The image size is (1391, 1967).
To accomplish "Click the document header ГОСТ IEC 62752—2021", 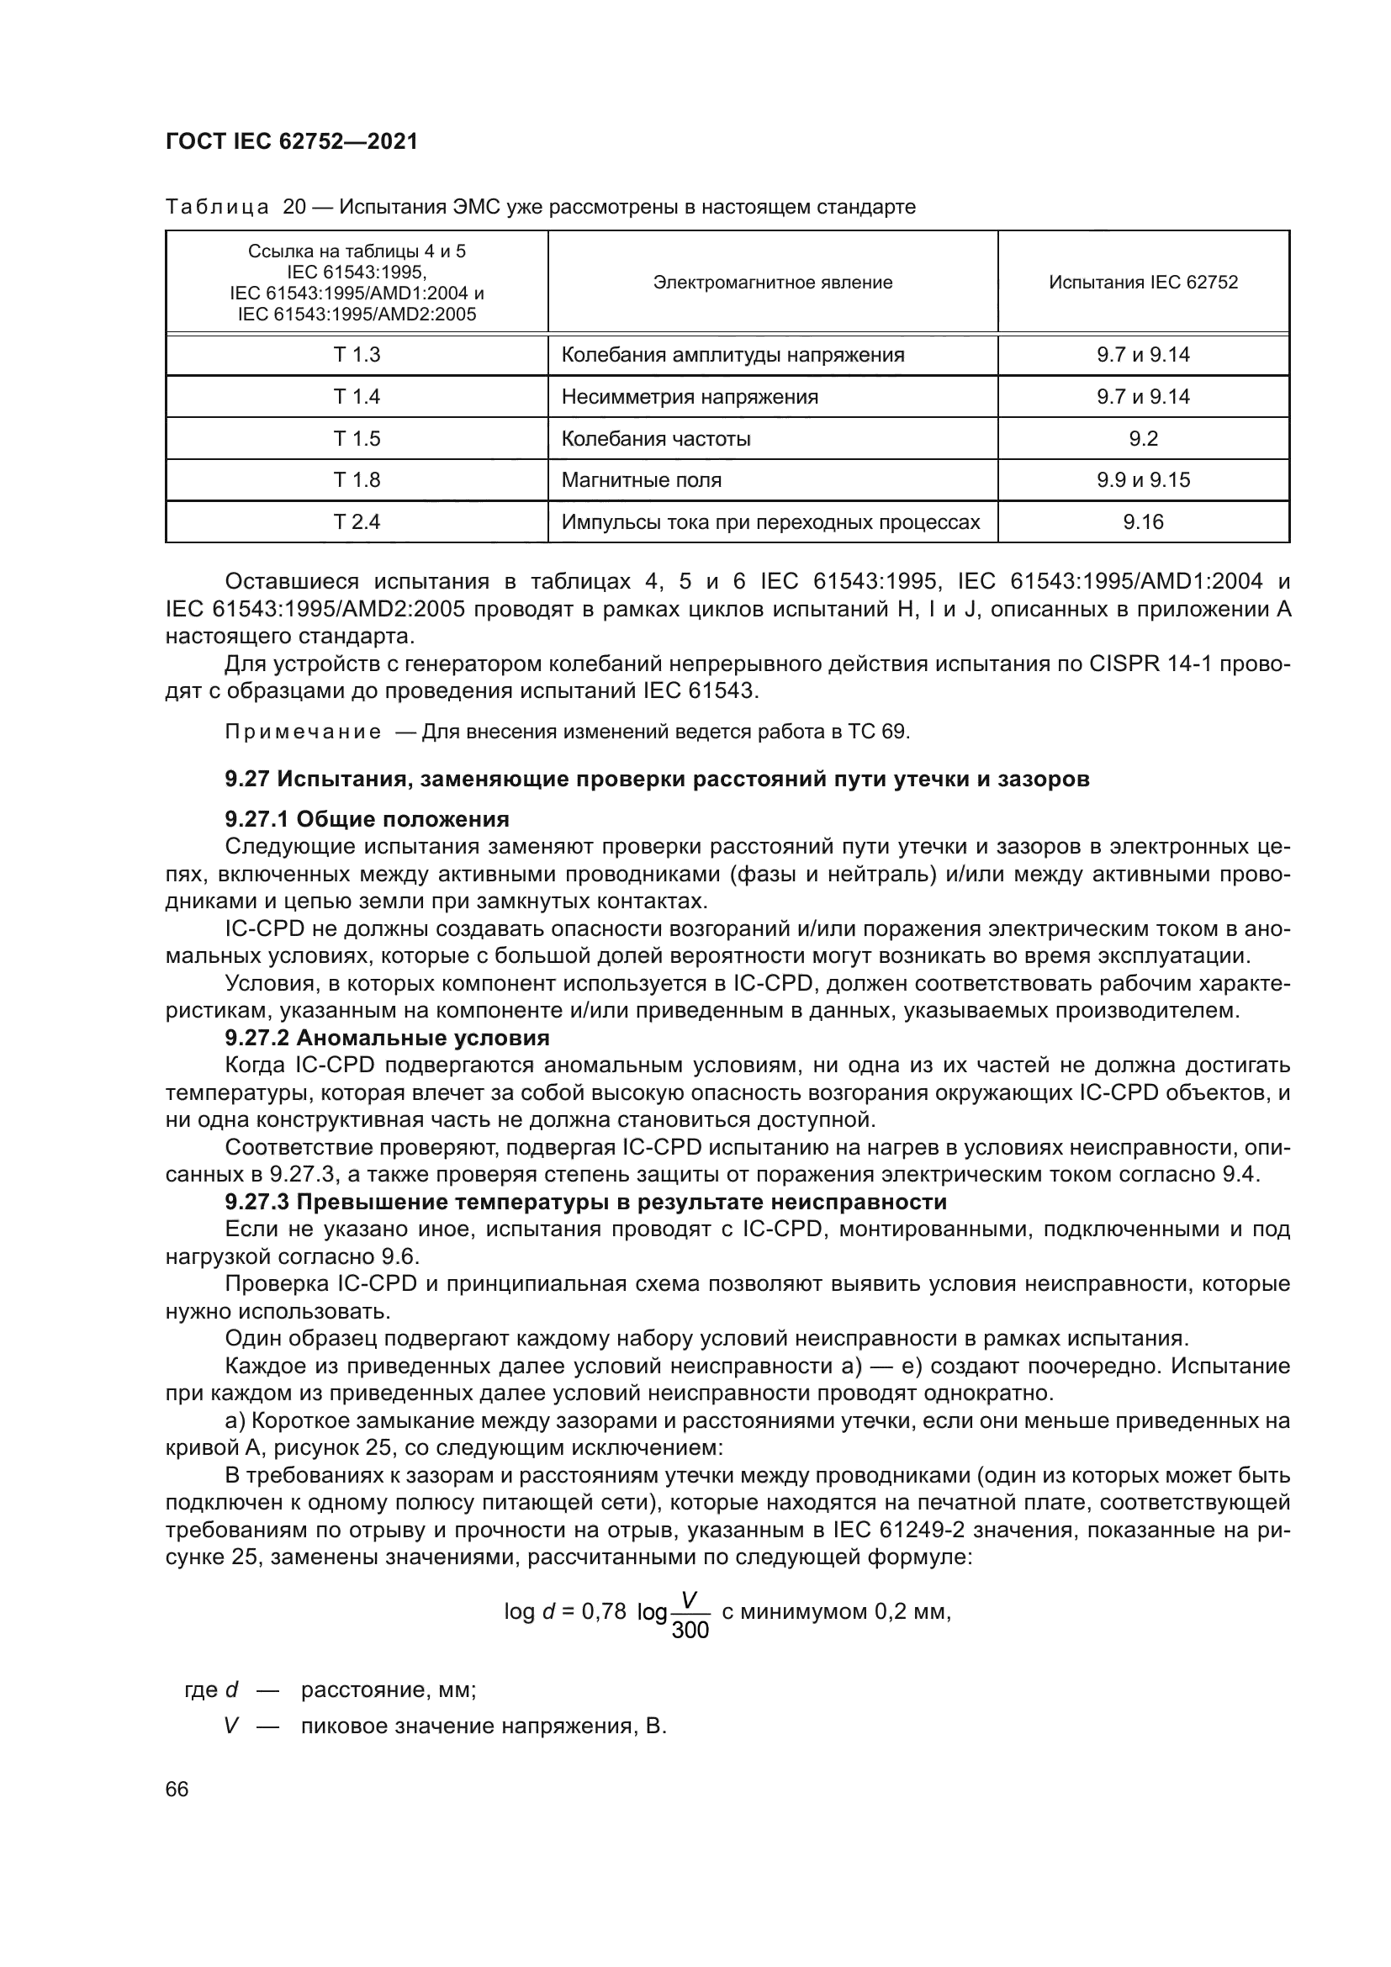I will [x=291, y=141].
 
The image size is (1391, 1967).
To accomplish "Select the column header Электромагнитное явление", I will [x=772, y=283].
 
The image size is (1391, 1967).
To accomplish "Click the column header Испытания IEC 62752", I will [x=1143, y=283].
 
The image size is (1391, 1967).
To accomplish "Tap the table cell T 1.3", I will [x=357, y=355].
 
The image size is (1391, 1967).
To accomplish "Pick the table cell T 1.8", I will [x=357, y=479].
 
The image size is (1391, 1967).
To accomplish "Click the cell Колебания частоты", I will [x=655, y=439].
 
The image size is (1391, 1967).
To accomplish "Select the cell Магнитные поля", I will [x=641, y=479].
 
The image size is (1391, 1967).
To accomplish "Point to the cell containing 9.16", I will [x=1143, y=521].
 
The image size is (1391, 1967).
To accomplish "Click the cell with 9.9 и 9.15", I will [x=1143, y=479].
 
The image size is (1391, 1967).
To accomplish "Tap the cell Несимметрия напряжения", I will [x=690, y=397].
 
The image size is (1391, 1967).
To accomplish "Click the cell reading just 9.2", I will [x=1143, y=439].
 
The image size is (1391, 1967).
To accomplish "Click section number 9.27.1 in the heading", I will [x=257, y=819].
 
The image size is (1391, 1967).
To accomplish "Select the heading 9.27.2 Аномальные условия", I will [x=386, y=1039].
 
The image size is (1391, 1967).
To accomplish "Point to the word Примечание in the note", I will [x=303, y=732].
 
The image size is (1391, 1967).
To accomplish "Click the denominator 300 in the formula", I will [x=690, y=1631].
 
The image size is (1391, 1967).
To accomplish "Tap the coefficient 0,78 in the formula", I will [x=604, y=1611].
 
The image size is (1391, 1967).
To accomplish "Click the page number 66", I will [x=177, y=1789].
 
